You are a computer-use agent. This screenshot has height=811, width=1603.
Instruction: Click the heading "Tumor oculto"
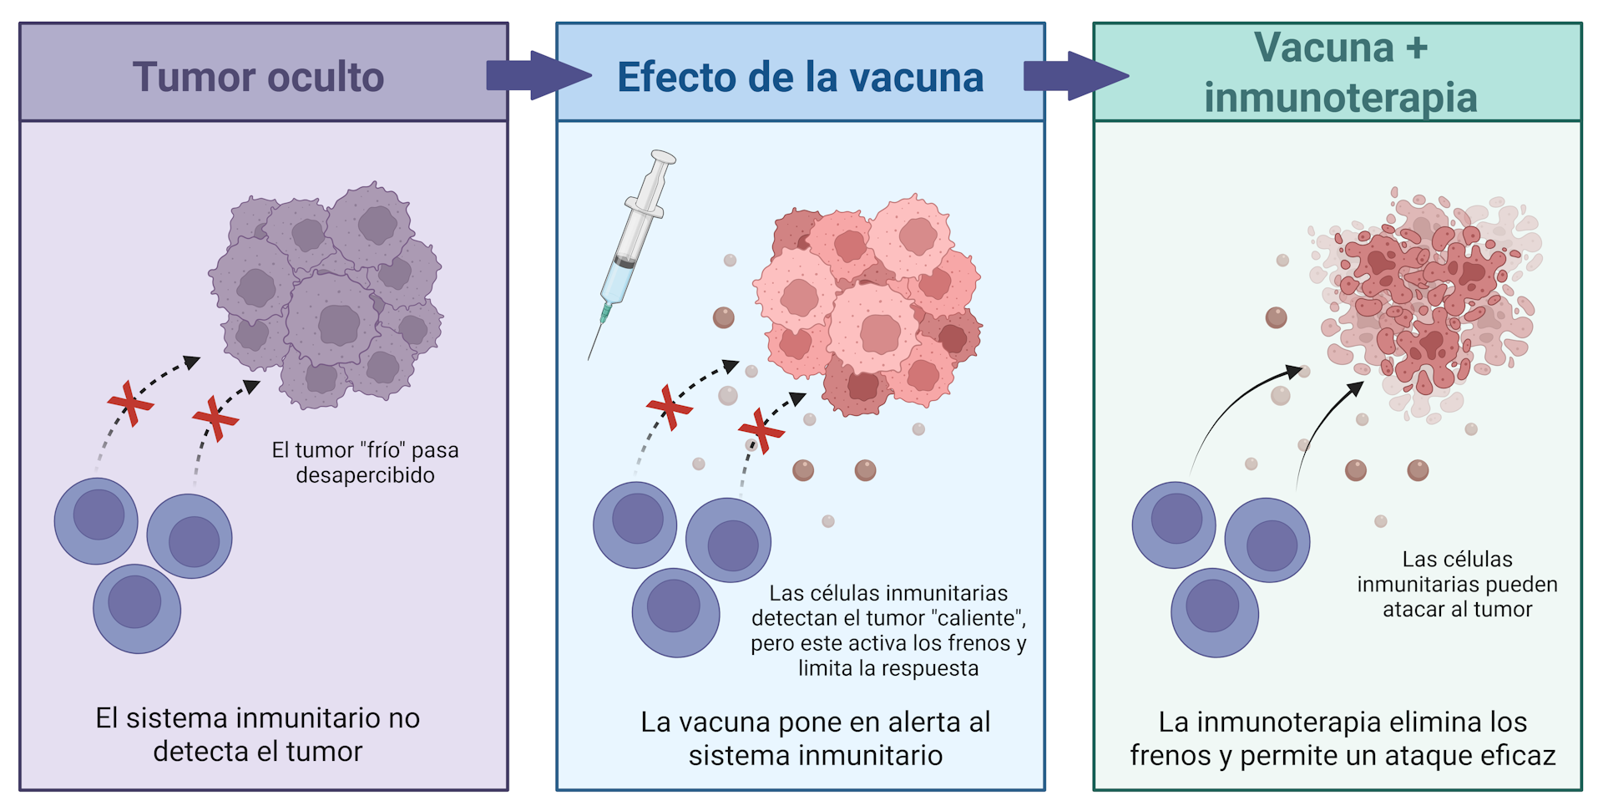[x=258, y=77]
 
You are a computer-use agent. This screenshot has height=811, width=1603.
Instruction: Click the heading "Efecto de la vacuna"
[x=800, y=77]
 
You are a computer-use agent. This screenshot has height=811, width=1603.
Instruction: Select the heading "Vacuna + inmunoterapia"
[x=1340, y=72]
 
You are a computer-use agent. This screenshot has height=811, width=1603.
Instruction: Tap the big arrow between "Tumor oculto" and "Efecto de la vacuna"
[x=539, y=75]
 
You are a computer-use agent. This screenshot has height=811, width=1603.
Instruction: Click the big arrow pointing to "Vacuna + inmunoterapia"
[x=1076, y=75]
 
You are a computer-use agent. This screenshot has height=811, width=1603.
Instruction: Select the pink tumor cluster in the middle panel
[x=867, y=305]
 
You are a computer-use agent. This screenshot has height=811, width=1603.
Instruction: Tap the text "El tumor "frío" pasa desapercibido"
[x=365, y=463]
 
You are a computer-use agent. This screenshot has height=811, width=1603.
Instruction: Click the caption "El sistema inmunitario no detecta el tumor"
[x=257, y=735]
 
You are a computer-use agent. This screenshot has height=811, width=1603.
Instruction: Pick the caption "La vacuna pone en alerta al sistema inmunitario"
[x=816, y=738]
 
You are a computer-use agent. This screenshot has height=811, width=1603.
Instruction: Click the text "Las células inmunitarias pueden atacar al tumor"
[x=1457, y=584]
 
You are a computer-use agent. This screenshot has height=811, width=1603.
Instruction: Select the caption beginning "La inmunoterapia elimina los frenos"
[x=1343, y=738]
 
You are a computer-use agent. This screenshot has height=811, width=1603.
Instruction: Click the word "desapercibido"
[x=365, y=475]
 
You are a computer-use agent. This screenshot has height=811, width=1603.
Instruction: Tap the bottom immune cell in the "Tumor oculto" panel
[x=137, y=609]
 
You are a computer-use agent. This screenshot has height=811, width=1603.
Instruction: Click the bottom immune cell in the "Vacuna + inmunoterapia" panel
[x=1215, y=613]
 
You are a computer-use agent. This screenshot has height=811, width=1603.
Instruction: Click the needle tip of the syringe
[x=589, y=360]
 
